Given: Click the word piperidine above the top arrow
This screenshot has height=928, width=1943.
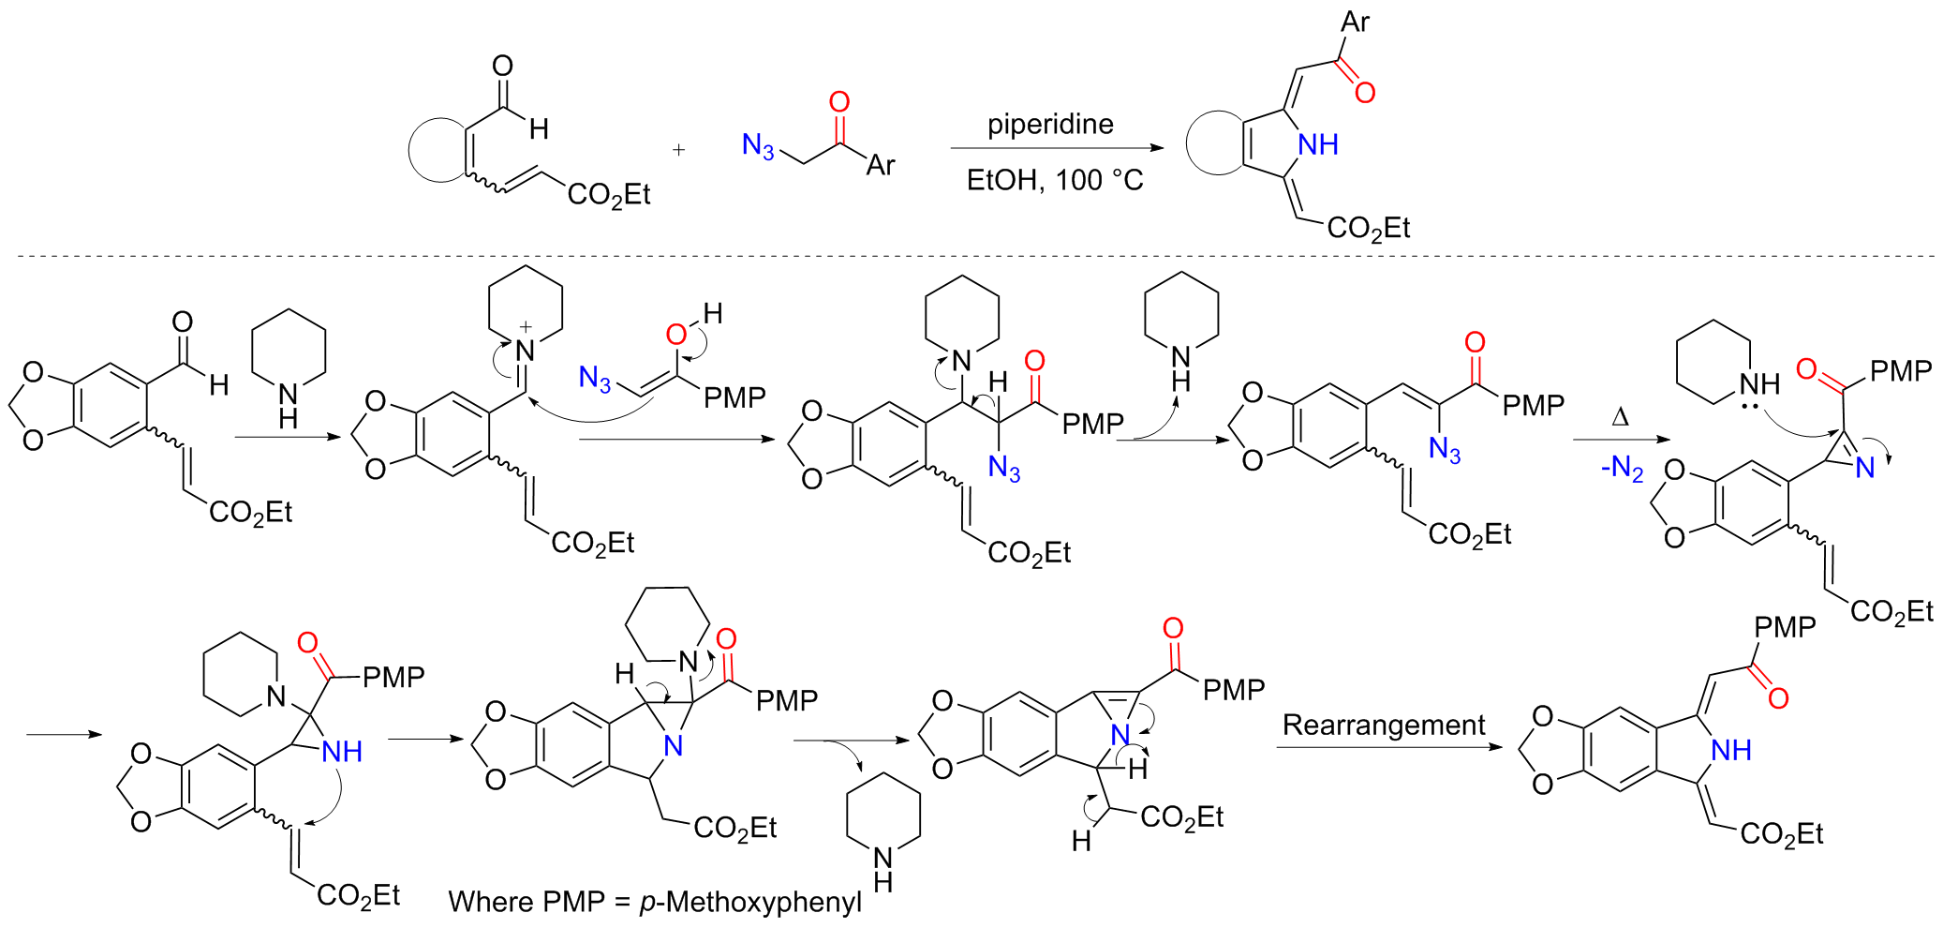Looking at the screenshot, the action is (x=1050, y=125).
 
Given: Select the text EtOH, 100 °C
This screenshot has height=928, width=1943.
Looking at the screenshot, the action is (x=1055, y=180).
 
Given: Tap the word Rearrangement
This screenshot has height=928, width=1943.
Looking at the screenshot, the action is (x=1383, y=725).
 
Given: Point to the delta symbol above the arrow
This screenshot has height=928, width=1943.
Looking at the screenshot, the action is (x=1620, y=417).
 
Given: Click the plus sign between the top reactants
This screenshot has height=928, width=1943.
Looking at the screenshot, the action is (x=678, y=150).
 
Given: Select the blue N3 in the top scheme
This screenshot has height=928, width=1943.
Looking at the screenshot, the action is (x=758, y=145).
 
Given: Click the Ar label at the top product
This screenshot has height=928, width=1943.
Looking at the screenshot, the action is (x=1355, y=22).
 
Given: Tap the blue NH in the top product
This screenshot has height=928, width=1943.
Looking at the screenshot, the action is (x=1317, y=144).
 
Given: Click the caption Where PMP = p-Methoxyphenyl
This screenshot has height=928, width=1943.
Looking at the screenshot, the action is (x=655, y=902).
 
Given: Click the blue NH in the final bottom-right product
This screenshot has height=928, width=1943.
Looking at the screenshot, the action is (x=1730, y=750).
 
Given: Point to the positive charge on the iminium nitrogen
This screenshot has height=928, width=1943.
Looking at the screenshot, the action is (x=526, y=327).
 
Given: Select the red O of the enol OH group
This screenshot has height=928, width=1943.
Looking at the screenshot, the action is (x=675, y=335).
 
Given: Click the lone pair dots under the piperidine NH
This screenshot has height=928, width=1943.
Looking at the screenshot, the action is (x=1748, y=407).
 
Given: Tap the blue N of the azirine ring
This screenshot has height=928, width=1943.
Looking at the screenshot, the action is (x=1864, y=468).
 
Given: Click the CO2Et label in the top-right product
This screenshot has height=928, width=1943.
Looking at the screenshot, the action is (x=1368, y=228).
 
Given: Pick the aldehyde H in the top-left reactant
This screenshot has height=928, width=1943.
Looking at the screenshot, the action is (x=539, y=129).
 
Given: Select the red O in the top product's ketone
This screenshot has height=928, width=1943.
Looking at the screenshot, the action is (x=1365, y=92).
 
